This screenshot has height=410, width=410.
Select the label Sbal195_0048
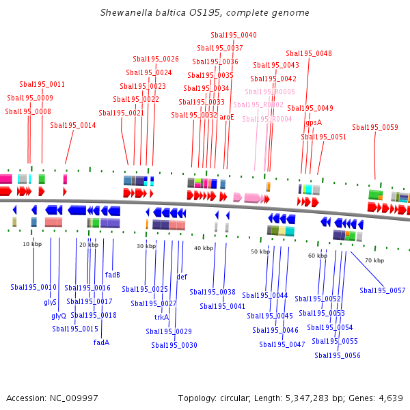pos(309,53)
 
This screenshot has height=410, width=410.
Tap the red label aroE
pos(227,117)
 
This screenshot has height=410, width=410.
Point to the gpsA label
pos(313,123)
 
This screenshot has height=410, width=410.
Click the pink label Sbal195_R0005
pos(270,92)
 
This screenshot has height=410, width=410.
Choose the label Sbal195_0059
pos(374,127)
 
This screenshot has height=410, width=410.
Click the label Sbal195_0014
pos(72,125)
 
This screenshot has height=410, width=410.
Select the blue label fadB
pos(113,275)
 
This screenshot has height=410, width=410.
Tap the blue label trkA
pos(161,317)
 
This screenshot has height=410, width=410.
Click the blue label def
pos(182,277)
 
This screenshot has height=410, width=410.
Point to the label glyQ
pos(59,316)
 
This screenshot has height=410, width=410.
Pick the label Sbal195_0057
pos(383,290)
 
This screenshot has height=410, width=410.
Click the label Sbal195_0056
pos(338,355)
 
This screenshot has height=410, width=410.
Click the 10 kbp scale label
pos(31,244)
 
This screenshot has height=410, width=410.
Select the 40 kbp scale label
pos(204,248)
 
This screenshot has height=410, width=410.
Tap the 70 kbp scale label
pos(374,260)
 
